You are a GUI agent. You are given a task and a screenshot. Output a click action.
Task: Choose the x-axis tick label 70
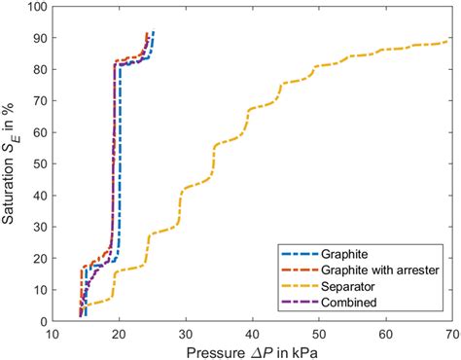(449, 334)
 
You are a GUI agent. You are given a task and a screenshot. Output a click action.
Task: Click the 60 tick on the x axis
(383, 334)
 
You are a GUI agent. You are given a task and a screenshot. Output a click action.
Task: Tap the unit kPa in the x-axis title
(302, 350)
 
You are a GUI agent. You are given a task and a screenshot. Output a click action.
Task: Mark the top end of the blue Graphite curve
(154, 32)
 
